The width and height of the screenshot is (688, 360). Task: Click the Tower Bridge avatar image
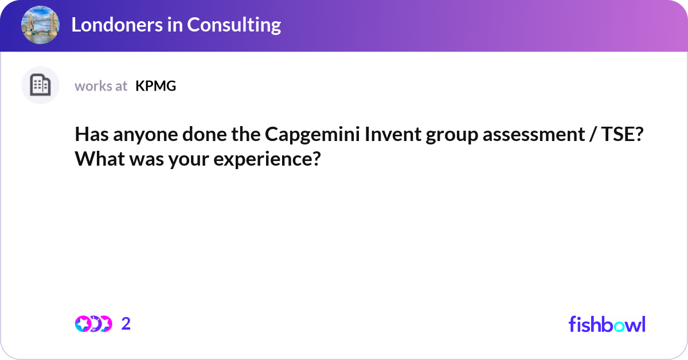40,25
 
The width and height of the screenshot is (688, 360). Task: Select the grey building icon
40,85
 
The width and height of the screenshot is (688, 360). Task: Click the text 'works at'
101,86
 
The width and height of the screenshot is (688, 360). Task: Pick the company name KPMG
155,86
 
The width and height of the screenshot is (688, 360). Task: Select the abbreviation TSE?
625,136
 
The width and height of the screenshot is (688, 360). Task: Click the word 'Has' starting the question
90,136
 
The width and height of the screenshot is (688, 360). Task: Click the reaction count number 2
126,324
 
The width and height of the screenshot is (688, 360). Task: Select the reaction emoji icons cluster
93,324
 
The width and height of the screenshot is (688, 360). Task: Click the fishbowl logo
607,324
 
